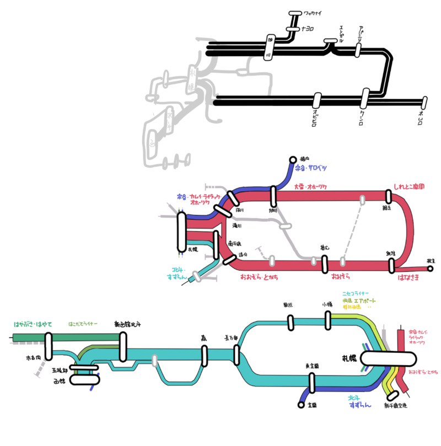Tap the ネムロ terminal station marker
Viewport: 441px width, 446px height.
click(x=424, y=102)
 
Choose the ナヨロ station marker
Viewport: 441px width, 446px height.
click(x=292, y=29)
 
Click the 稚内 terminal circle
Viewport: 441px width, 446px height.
click(x=293, y=160)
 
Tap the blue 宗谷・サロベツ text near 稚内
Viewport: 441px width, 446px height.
click(x=311, y=167)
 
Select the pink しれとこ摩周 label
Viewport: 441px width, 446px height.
click(x=408, y=187)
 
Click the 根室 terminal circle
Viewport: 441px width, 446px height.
click(x=430, y=269)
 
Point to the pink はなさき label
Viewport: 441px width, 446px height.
click(x=408, y=279)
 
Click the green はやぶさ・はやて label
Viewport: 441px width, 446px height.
click(x=33, y=324)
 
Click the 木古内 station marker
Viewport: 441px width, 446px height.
click(x=49, y=347)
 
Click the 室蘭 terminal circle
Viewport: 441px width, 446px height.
click(x=301, y=405)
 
